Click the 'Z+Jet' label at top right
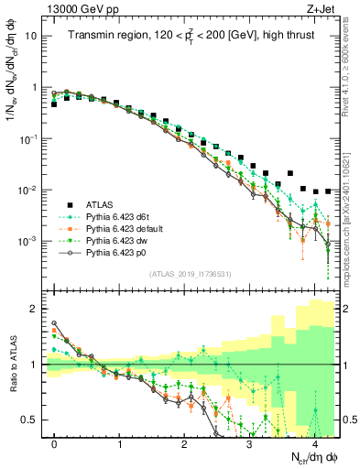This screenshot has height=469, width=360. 321,8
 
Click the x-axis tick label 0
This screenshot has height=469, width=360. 55,442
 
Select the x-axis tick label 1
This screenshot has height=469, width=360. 120,442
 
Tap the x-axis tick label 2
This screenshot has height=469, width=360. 185,442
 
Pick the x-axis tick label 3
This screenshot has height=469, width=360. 250,442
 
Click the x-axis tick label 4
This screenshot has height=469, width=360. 315,442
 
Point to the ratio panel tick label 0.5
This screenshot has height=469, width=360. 33,420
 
